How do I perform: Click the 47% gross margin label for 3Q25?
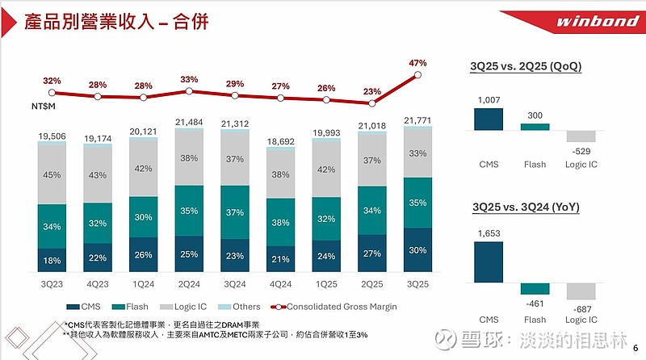point(417,62)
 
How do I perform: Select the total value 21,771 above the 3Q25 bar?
point(417,119)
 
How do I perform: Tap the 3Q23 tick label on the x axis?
point(51,284)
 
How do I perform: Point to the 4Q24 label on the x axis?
point(280,284)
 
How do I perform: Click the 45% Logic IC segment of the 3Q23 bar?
point(51,174)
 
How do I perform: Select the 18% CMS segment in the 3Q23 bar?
point(51,260)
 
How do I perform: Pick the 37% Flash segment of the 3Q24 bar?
point(234,211)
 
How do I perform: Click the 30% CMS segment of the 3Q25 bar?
point(417,249)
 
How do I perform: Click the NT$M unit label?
point(55,106)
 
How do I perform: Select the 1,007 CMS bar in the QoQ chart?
point(489,119)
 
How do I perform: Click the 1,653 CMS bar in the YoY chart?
point(489,262)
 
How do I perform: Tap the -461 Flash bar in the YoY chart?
point(535,288)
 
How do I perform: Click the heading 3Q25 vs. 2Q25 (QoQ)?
point(526,66)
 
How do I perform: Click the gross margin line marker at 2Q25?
point(371,103)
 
